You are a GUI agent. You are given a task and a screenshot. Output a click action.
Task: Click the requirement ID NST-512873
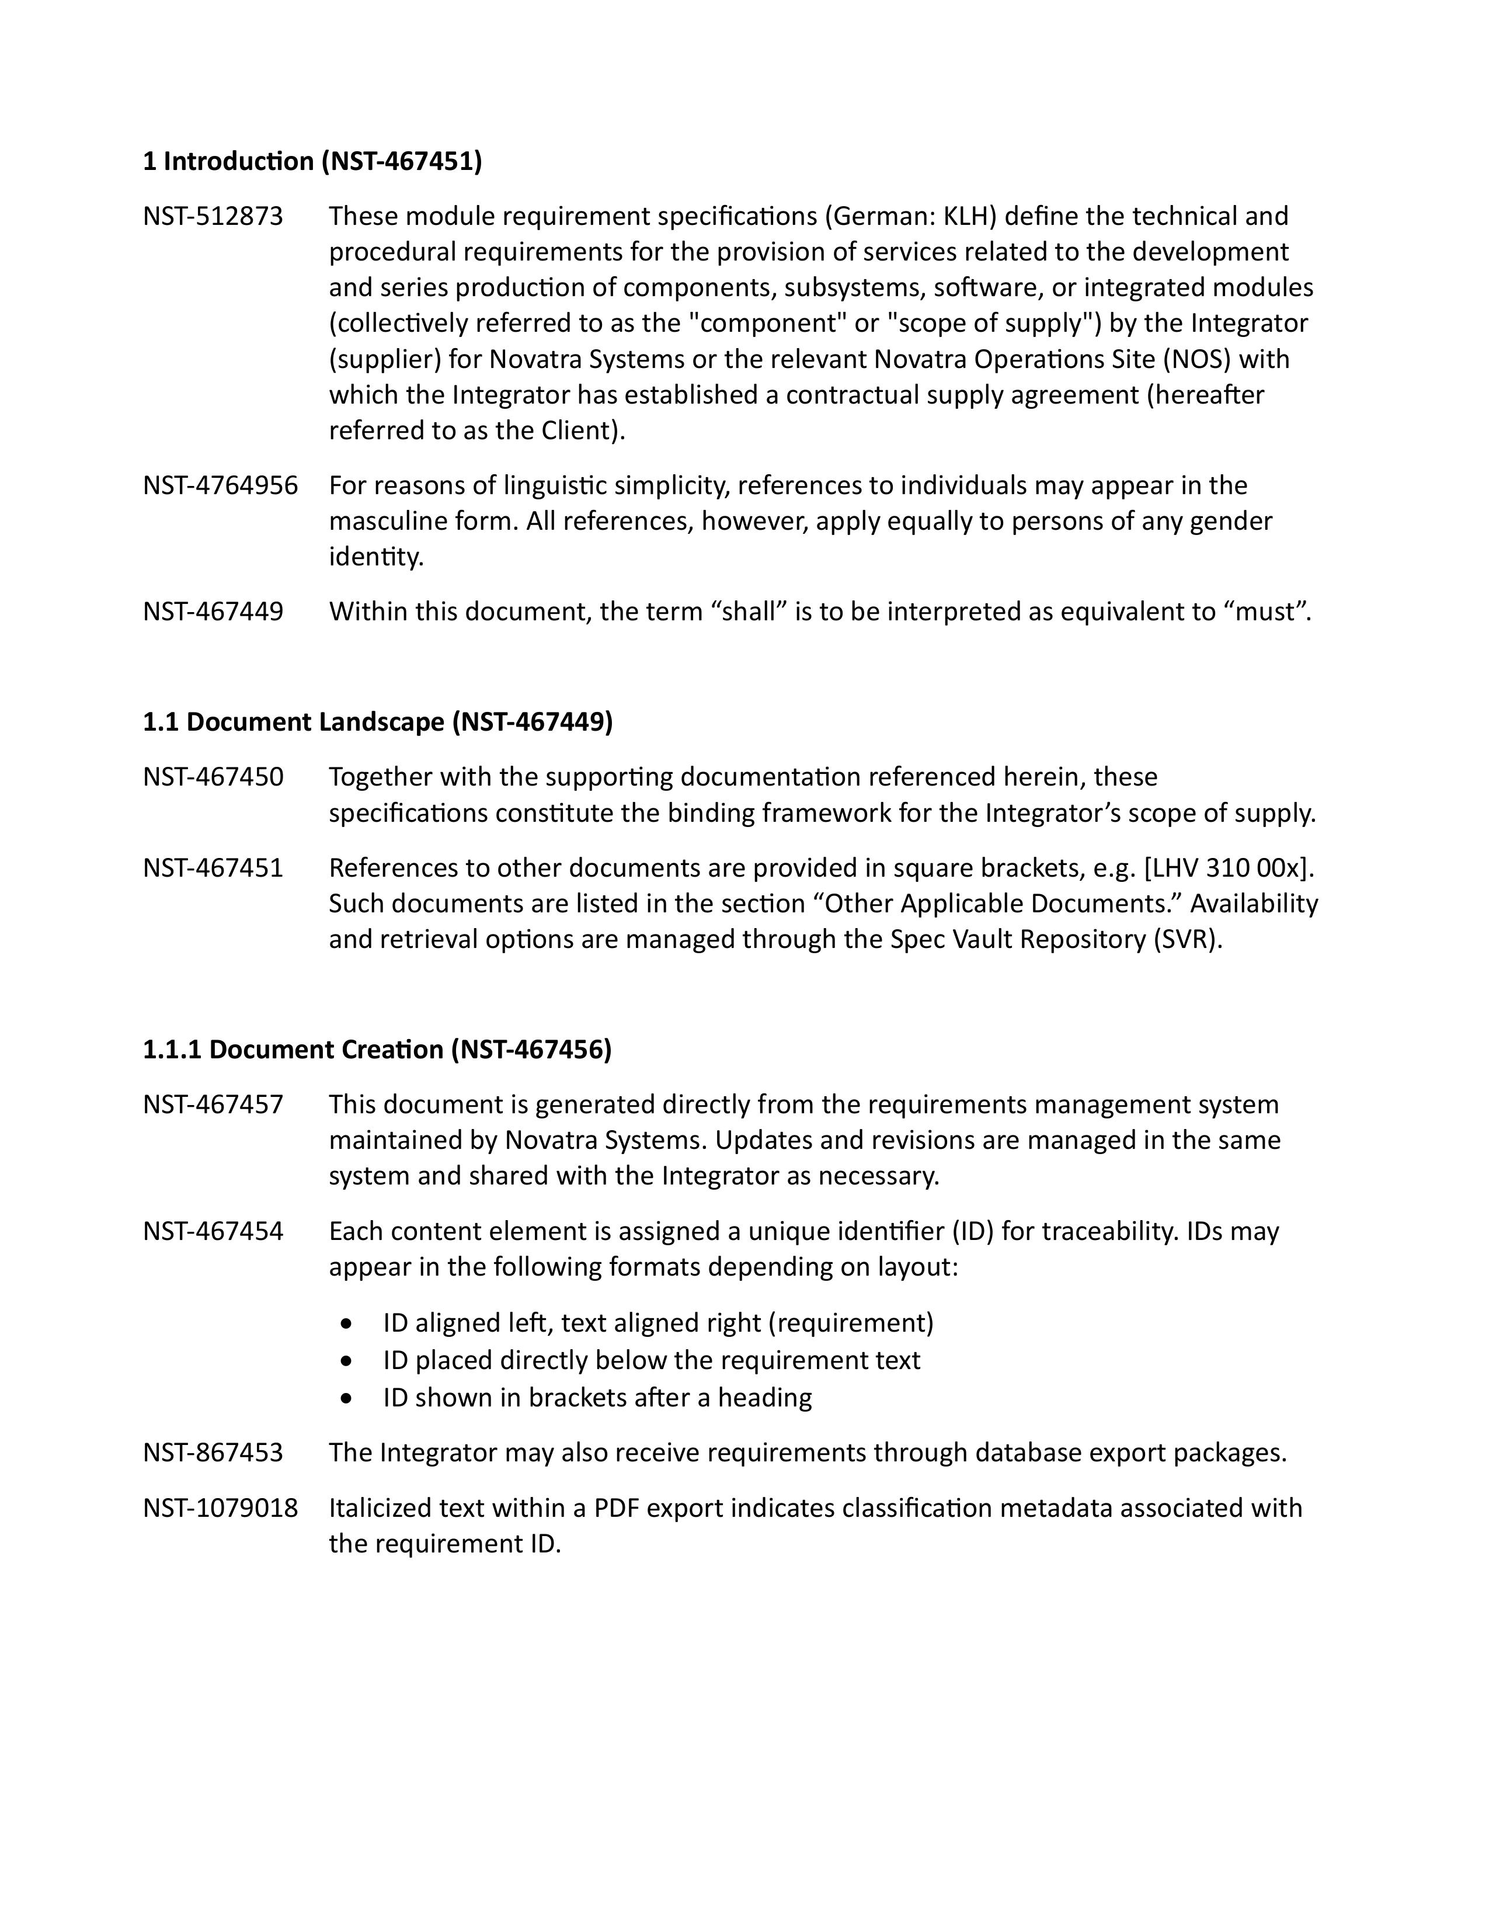coord(213,216)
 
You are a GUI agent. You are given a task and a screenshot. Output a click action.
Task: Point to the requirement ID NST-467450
coord(213,777)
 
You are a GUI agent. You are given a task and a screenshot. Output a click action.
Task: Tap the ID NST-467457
coord(213,1104)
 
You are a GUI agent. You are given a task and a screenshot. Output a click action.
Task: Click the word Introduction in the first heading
coord(238,162)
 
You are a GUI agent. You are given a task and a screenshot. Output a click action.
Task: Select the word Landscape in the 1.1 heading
coord(381,722)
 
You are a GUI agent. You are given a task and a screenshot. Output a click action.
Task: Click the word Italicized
coord(382,1508)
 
